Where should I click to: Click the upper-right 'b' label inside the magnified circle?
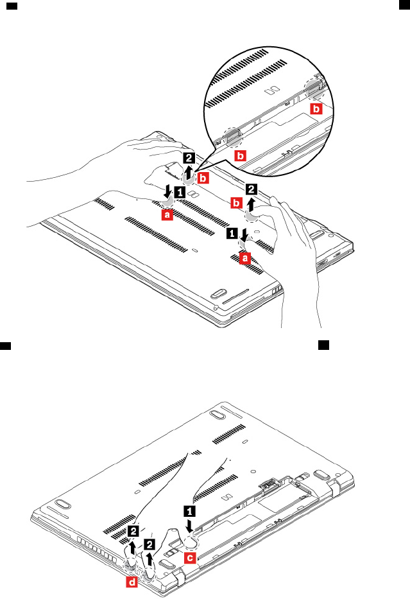[x=316, y=109]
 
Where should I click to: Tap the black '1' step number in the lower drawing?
[x=190, y=512]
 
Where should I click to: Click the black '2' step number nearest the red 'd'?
[x=133, y=531]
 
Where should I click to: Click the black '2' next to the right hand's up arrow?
[x=252, y=189]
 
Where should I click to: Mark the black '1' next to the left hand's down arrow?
[x=181, y=192]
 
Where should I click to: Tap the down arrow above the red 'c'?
[x=190, y=527]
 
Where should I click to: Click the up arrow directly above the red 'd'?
[x=132, y=548]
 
